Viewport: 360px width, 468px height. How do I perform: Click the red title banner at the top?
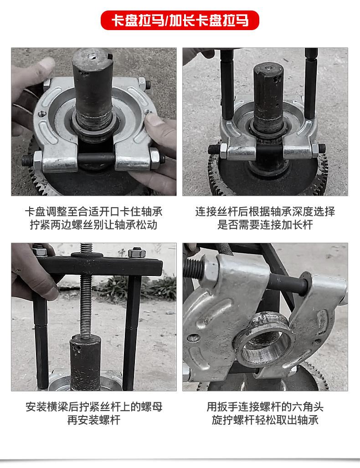point(180,20)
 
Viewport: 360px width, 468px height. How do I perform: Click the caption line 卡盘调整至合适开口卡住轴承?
point(94,212)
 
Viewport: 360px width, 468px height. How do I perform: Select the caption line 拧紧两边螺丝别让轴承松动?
point(94,225)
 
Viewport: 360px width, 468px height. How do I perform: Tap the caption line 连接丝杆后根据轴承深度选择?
point(265,212)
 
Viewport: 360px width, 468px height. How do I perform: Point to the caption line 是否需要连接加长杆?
point(265,225)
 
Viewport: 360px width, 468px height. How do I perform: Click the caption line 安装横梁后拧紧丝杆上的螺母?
point(94,407)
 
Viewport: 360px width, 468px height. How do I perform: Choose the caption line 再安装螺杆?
point(94,420)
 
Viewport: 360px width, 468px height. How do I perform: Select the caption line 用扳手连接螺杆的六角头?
point(265,407)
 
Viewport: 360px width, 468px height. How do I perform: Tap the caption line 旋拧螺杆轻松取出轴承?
point(265,420)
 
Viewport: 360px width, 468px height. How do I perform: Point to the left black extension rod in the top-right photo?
point(227,84)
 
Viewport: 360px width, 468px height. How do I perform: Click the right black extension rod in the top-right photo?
point(311,83)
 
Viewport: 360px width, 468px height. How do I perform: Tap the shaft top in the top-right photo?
point(268,68)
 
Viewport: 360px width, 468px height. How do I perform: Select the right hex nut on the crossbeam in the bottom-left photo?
point(137,253)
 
